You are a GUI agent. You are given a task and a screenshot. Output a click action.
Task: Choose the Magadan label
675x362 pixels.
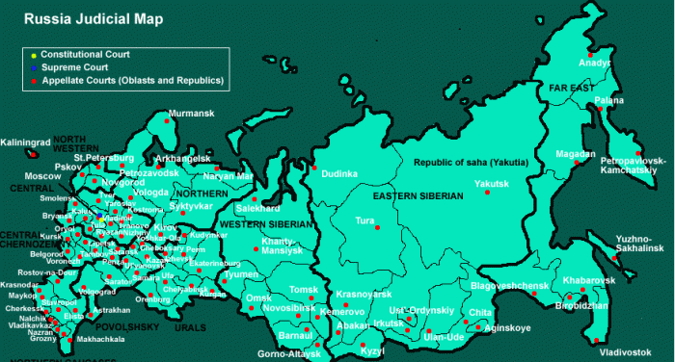(x=575, y=154)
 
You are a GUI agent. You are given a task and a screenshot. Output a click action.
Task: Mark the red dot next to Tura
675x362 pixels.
(x=378, y=227)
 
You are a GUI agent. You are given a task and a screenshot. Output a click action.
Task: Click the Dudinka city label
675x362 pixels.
(x=338, y=174)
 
